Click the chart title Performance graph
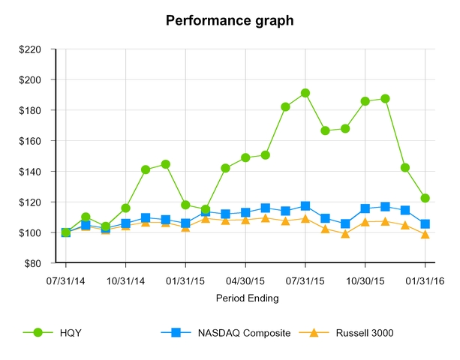point(230,20)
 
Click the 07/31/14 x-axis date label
point(66,281)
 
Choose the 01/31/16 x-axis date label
point(425,281)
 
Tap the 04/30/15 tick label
point(245,281)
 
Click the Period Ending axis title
point(247,298)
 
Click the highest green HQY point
point(305,94)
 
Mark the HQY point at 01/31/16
point(425,198)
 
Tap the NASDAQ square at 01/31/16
point(425,223)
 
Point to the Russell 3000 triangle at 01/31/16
point(425,234)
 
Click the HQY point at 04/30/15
point(245,157)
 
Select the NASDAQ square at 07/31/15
point(305,205)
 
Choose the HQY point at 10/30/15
point(365,101)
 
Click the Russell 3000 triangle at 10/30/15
point(365,221)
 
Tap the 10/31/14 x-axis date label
point(125,281)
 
